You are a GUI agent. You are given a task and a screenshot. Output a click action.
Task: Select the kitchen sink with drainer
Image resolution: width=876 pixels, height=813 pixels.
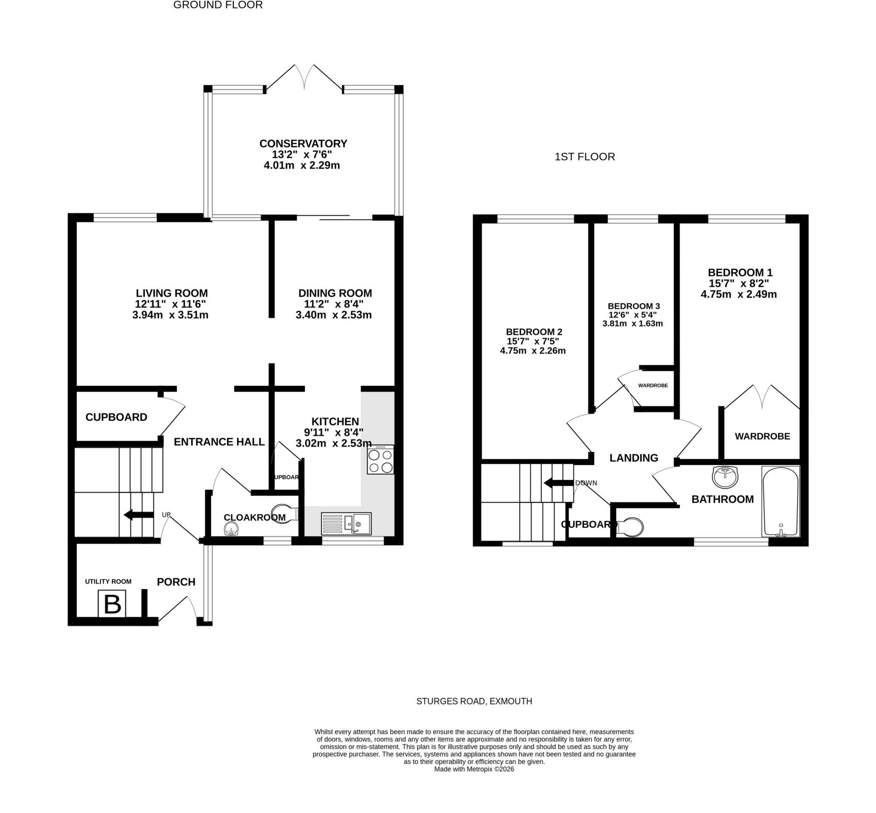[346, 523]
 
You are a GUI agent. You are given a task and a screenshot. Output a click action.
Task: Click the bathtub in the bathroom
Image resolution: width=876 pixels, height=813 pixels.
[781, 501]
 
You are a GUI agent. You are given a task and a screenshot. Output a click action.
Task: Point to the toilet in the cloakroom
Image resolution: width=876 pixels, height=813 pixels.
[285, 513]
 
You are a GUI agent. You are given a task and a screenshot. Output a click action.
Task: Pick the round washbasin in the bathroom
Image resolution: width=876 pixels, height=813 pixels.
[725, 477]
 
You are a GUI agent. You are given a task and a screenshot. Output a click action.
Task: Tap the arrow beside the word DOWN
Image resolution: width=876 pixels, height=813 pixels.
[558, 483]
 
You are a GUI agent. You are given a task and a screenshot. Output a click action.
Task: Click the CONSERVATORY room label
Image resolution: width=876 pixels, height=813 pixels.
[303, 144]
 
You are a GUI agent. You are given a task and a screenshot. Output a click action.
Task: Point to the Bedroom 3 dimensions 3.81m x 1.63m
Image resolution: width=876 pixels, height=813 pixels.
[633, 324]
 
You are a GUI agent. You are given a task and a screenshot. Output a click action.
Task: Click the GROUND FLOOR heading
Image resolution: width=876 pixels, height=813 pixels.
[218, 5]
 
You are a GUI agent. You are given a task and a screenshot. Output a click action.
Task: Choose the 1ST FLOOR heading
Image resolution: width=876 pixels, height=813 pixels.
[585, 157]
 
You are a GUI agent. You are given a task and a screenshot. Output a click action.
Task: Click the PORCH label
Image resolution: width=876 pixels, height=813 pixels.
[176, 582]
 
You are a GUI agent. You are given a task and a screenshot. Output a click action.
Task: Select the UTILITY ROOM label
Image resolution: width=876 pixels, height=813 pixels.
[108, 582]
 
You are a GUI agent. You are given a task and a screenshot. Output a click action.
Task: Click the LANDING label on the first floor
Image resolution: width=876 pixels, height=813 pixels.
[634, 458]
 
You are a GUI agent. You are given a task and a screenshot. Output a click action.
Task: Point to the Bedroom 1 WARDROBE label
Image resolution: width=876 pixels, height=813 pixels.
[763, 436]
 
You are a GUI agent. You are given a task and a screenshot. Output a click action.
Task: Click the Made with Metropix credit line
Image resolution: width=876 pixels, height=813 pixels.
[474, 769]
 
